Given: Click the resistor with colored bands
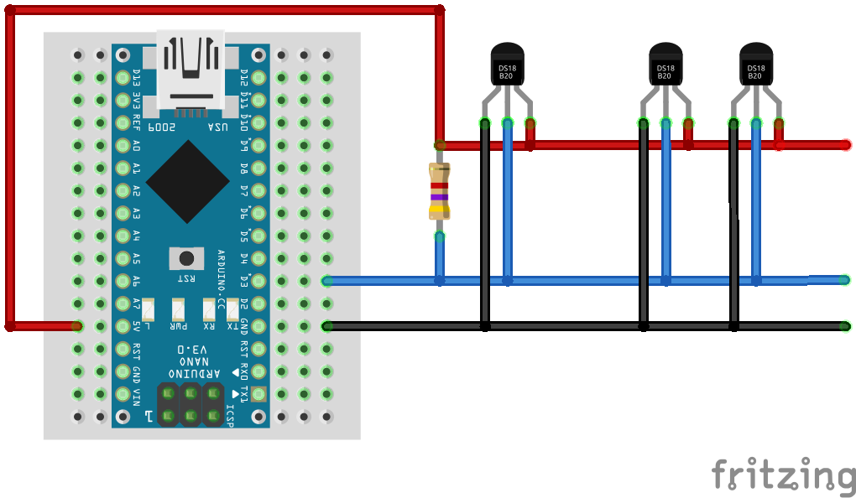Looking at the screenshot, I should coord(439,191).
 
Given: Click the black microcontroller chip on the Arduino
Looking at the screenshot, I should coord(187,181).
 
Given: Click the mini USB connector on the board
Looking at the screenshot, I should coord(191,71).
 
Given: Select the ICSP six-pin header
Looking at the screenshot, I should coord(191,403).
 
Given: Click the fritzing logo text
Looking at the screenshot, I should coord(782,475).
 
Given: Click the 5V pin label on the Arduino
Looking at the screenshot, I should coord(136,325).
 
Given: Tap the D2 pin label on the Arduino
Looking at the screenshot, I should coord(244,303).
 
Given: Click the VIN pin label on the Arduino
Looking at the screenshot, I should coord(136,393).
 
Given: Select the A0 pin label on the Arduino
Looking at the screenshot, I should coord(136,145).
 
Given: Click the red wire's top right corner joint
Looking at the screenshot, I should coord(439,10).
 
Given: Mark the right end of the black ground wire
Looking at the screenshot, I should coord(846,326).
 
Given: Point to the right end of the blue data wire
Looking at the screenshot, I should coord(845,279).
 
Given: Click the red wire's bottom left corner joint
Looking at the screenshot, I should coord(10,325).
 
